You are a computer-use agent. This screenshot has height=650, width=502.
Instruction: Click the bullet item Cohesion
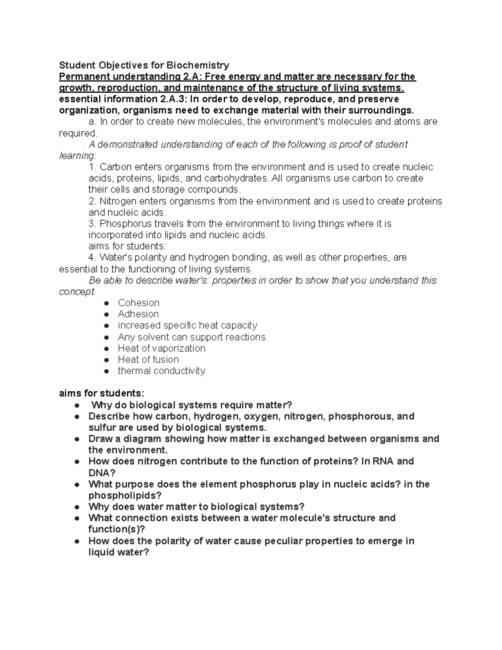click(138, 303)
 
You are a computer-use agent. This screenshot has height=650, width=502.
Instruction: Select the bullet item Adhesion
click(138, 314)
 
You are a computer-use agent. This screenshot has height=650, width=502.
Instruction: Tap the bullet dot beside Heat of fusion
click(107, 360)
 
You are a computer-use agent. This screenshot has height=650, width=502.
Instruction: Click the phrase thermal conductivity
click(161, 371)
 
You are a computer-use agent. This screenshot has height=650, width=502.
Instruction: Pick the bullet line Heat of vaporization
click(161, 348)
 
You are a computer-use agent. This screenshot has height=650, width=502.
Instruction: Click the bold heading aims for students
click(102, 393)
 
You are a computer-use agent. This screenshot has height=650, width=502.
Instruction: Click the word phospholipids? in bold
click(125, 495)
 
